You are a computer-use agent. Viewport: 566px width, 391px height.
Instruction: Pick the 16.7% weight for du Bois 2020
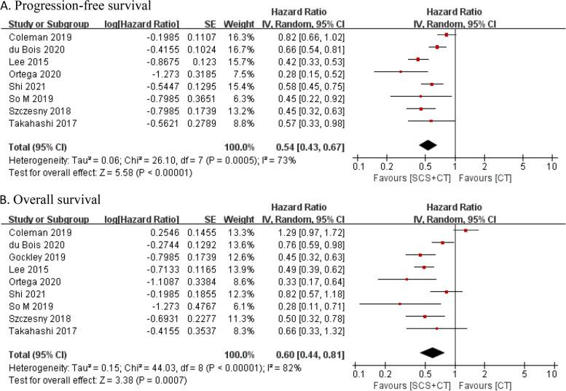click(x=210, y=47)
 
